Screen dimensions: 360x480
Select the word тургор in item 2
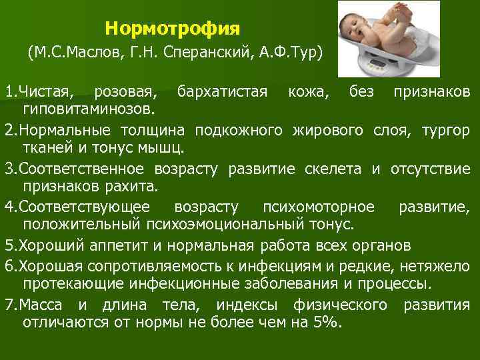click(445, 128)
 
